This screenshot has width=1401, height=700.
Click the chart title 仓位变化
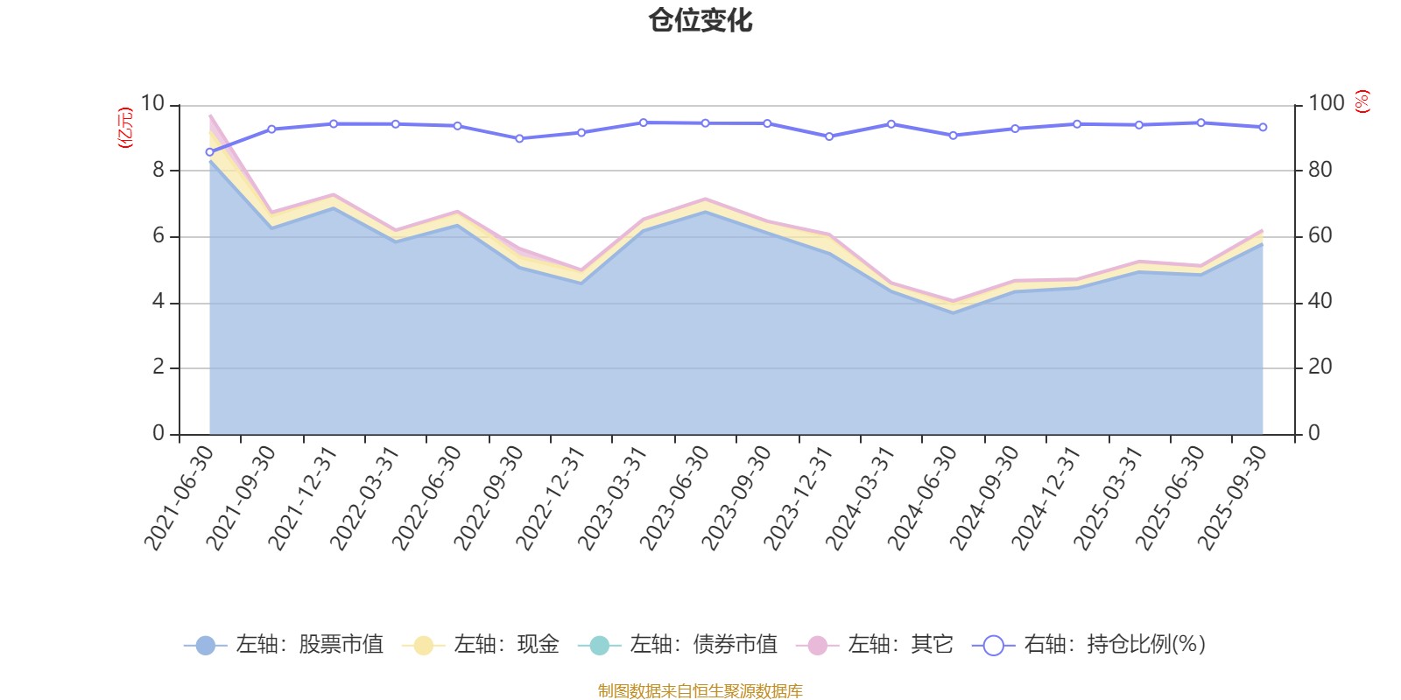click(x=700, y=20)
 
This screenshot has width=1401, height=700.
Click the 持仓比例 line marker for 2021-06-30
click(x=209, y=152)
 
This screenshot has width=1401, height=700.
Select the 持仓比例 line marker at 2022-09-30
click(x=519, y=138)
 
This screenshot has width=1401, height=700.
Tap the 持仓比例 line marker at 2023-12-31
click(x=829, y=136)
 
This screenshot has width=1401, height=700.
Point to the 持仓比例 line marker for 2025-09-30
click(x=1263, y=128)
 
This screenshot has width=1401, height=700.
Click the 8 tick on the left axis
click(x=158, y=170)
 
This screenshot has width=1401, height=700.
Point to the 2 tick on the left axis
click(x=158, y=367)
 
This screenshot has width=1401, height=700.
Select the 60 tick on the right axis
click(x=1320, y=235)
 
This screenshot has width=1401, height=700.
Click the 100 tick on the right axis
click(x=1326, y=103)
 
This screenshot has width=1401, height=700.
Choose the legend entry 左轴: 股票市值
click(x=284, y=646)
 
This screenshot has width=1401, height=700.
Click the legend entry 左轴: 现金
click(x=481, y=646)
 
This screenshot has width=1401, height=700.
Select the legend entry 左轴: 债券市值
click(x=678, y=646)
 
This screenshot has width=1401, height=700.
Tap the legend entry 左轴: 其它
click(x=875, y=646)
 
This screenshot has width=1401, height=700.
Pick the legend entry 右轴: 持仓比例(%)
click(x=1089, y=646)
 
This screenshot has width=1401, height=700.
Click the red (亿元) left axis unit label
click(x=126, y=128)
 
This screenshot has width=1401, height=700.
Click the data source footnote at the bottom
click(x=700, y=691)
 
